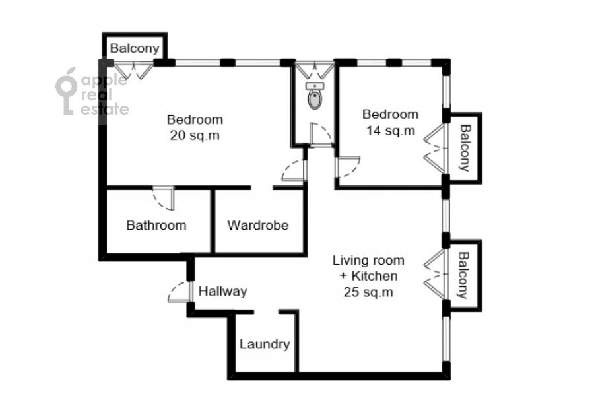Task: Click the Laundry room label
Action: [x=265, y=345]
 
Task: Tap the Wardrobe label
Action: [x=258, y=226]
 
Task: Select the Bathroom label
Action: [x=156, y=226]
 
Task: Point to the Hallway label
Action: [x=223, y=292]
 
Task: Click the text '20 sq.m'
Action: [x=195, y=135]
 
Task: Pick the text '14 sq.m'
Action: [x=391, y=131]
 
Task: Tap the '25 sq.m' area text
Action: [x=368, y=292]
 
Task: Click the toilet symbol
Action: [x=315, y=96]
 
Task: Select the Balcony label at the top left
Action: [x=135, y=48]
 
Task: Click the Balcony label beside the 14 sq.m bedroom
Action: [x=465, y=148]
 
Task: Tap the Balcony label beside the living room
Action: [x=463, y=275]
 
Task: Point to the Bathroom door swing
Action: [x=164, y=198]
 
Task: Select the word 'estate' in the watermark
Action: [x=105, y=109]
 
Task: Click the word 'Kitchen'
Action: [x=375, y=276]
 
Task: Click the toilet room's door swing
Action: [x=321, y=135]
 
